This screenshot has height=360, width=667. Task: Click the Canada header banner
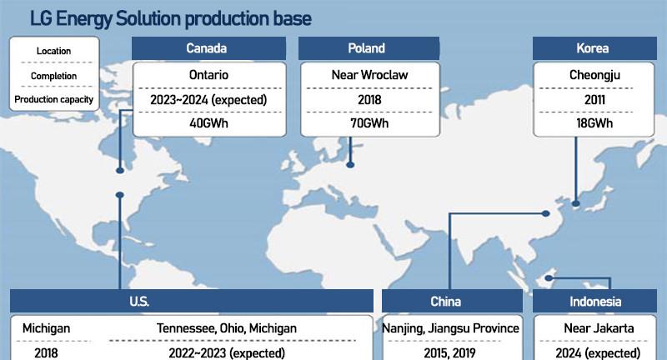(x=208, y=48)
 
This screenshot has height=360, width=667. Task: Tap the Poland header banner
(x=369, y=48)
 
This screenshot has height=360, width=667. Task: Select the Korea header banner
(x=594, y=48)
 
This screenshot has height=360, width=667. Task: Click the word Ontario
(x=209, y=75)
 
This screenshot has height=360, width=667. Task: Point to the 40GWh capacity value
(x=209, y=123)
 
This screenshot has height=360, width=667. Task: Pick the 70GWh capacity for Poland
(x=369, y=123)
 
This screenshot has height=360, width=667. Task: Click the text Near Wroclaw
(x=369, y=75)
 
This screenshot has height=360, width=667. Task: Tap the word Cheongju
(x=594, y=75)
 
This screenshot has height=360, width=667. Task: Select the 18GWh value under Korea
(x=594, y=123)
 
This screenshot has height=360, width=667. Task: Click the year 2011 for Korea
(x=594, y=99)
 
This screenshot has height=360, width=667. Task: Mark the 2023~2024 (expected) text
(x=208, y=100)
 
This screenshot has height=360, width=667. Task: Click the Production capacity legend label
(x=53, y=99)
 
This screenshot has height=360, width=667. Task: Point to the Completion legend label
(x=53, y=76)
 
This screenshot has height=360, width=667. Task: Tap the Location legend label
(x=53, y=51)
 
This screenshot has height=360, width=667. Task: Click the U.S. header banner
(x=192, y=302)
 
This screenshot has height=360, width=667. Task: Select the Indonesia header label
(x=595, y=302)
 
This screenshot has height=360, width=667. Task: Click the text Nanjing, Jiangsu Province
(x=450, y=328)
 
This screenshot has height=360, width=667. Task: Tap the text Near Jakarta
(x=599, y=328)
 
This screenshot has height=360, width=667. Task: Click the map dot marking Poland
(x=350, y=165)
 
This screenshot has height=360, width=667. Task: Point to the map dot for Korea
(x=576, y=203)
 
